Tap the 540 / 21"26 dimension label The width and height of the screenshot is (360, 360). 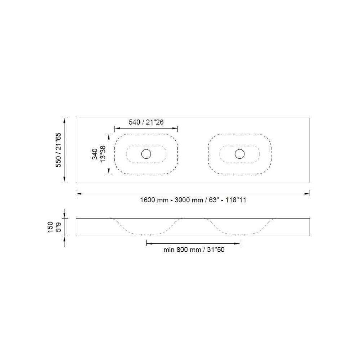tap(146, 122)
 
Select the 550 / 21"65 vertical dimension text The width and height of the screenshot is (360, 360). tap(59, 150)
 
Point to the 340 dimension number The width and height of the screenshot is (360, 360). tap(95, 154)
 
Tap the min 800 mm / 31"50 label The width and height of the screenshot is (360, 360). tap(194, 249)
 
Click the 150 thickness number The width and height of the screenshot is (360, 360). tap(50, 227)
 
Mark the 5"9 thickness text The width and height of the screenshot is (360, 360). tap(58, 227)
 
